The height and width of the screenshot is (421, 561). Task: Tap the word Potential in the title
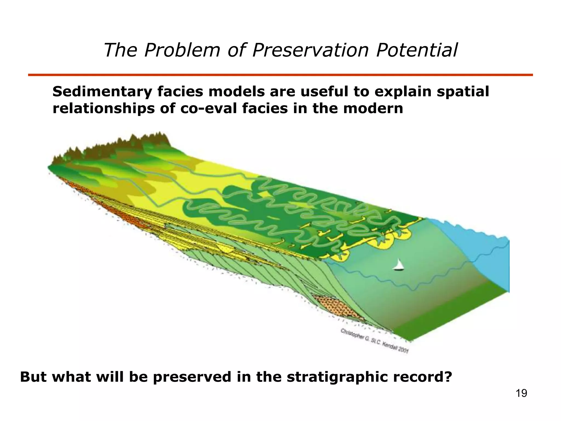417,50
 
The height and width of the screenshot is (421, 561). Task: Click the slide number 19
521,393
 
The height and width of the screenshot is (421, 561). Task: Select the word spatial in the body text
463,92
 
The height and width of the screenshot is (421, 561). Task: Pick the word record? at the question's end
422,377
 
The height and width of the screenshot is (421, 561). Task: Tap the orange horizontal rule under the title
280,75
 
